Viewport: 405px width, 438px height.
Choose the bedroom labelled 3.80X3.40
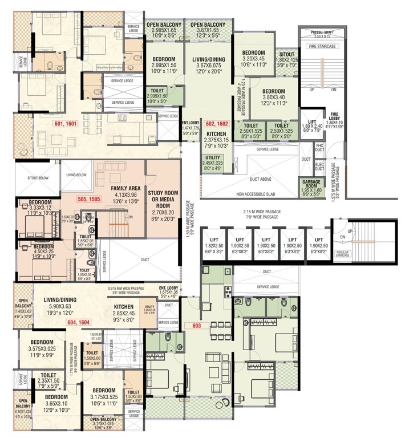tap(274, 95)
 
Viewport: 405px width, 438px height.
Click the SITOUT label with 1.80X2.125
tap(286, 57)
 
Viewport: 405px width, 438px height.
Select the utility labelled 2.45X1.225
tap(212, 163)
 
